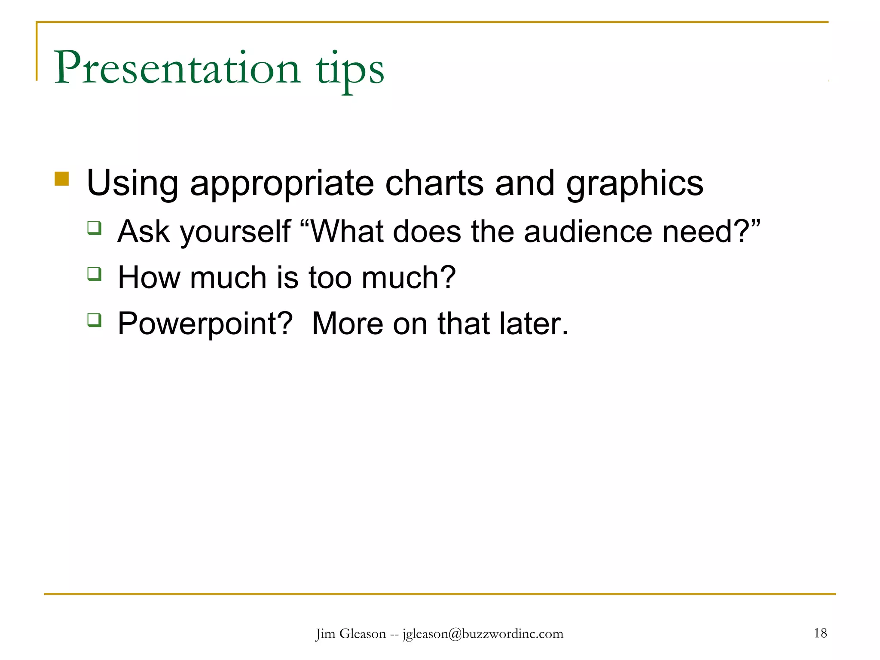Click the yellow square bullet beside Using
tap(62, 179)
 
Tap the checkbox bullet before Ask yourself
tap(94, 228)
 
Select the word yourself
tap(235, 232)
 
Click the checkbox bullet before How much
tap(94, 274)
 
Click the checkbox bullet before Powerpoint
tap(94, 320)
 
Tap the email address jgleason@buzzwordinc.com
tap(483, 634)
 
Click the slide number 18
tap(820, 633)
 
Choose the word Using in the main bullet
tap(132, 184)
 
